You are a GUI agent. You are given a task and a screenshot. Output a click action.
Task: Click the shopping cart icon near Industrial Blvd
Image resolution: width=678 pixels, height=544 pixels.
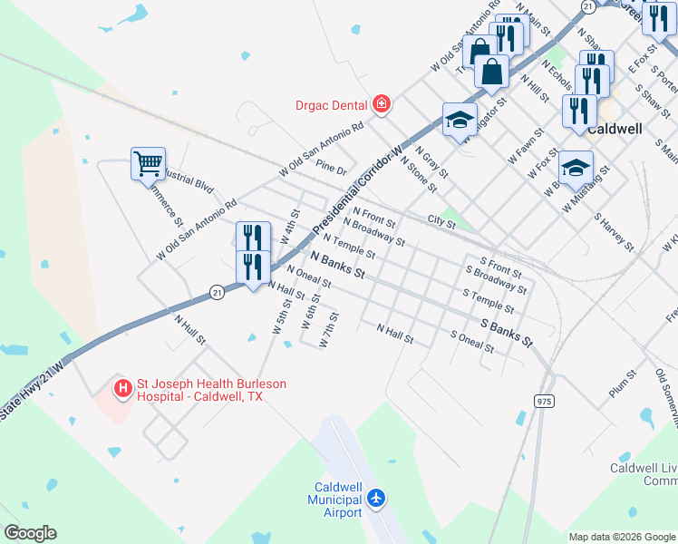click(148, 164)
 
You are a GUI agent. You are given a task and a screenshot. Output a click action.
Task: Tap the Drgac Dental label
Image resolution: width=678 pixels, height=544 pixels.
click(333, 104)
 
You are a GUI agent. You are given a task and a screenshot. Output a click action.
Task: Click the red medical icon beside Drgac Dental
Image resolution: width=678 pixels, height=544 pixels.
click(383, 103)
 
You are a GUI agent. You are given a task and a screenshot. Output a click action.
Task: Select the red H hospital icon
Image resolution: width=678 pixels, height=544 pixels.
click(122, 390)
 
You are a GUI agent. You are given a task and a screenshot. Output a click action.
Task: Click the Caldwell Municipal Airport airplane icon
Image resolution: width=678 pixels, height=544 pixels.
click(377, 498)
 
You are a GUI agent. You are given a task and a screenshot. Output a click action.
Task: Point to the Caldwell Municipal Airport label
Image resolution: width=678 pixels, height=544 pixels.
click(335, 500)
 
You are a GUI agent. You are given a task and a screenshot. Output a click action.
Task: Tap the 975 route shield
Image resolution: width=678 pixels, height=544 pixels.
click(544, 401)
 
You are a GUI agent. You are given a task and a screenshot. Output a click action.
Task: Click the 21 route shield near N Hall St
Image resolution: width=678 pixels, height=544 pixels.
click(216, 292)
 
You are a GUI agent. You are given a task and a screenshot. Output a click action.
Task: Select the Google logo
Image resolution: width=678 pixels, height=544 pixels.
click(30, 533)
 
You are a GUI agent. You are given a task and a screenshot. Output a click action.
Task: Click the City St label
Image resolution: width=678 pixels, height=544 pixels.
click(441, 220)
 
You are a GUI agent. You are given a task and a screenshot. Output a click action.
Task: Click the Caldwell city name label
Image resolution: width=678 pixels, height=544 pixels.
click(615, 129)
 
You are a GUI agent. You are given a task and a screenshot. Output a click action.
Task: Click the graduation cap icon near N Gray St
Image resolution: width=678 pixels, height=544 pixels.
click(460, 119)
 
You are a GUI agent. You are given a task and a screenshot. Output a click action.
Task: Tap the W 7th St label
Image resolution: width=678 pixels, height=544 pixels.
click(330, 331)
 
